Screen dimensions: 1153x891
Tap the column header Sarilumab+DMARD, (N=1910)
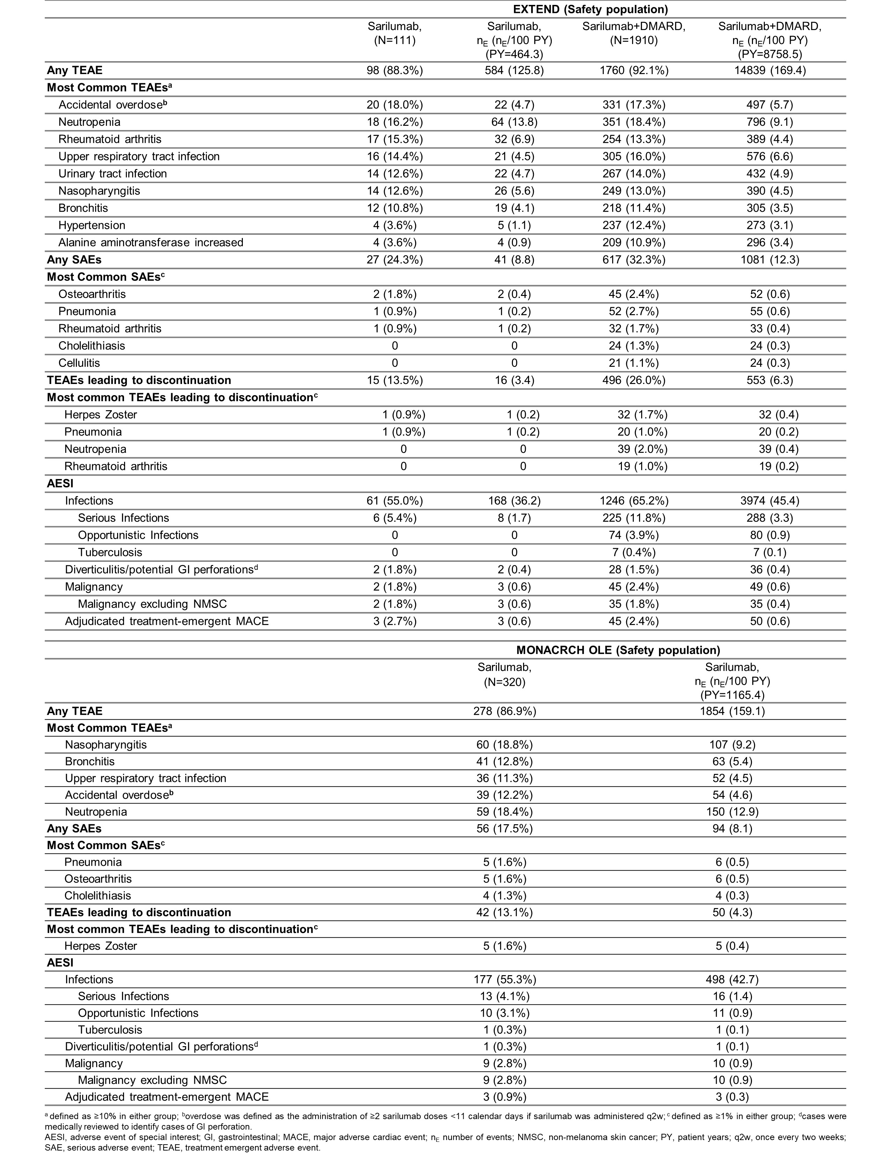tap(633, 33)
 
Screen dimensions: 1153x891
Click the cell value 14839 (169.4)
tap(770, 70)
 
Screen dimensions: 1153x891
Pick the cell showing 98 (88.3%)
tap(395, 70)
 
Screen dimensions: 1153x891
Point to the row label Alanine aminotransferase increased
tap(151, 242)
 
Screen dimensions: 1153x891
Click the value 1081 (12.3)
tap(770, 260)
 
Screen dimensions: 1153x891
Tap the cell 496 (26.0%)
tap(633, 380)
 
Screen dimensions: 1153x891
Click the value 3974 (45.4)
tap(770, 500)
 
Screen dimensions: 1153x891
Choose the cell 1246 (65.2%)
tap(633, 500)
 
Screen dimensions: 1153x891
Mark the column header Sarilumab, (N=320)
tap(505, 674)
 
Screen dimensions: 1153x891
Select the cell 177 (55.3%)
tap(505, 979)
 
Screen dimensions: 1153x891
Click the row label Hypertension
tap(92, 225)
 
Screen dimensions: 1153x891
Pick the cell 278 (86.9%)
tap(505, 711)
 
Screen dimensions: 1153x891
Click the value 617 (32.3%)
tap(633, 260)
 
